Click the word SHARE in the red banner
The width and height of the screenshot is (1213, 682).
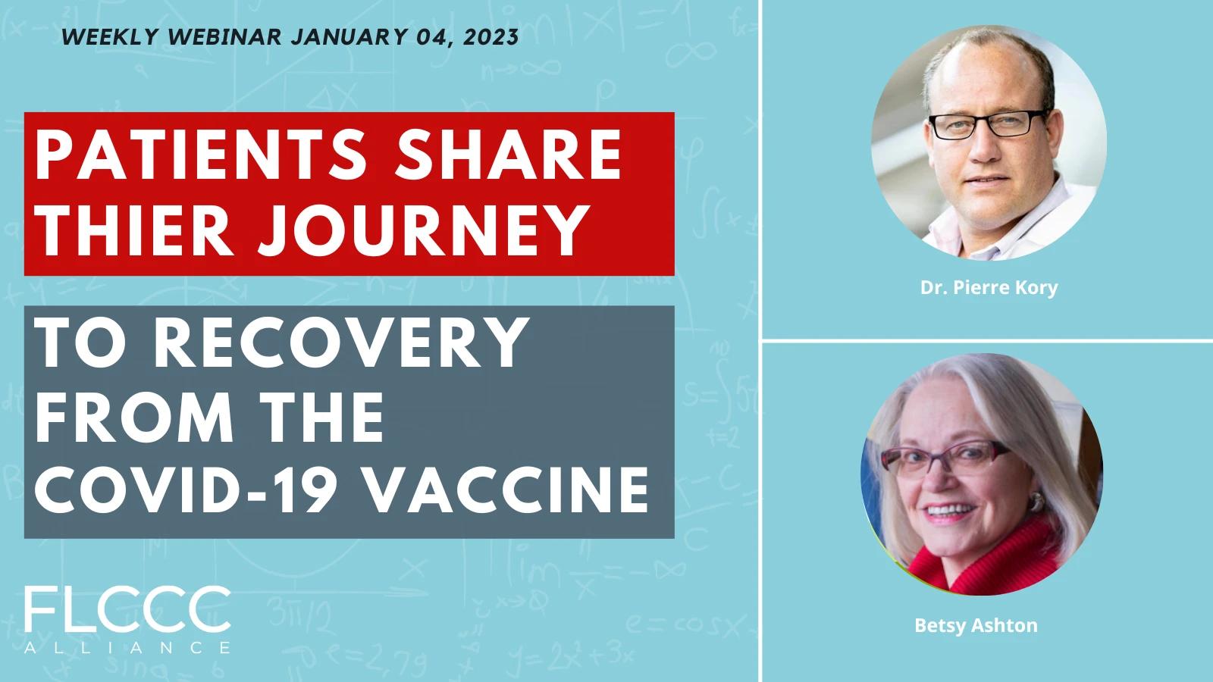pyautogui.click(x=509, y=155)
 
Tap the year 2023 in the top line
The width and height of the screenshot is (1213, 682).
pyautogui.click(x=491, y=37)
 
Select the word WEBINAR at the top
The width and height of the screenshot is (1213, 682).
pyautogui.click(x=224, y=37)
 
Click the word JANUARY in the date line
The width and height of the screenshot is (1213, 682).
pyautogui.click(x=349, y=37)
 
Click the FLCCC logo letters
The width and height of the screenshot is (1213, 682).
pyautogui.click(x=128, y=610)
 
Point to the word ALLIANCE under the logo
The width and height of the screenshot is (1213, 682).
pyautogui.click(x=128, y=647)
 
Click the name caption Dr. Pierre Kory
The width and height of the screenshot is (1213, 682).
pyautogui.click(x=989, y=287)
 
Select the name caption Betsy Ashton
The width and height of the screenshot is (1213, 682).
pyautogui.click(x=976, y=625)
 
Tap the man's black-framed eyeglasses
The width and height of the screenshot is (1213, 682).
pyautogui.click(x=986, y=124)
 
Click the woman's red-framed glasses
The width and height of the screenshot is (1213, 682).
pyautogui.click(x=945, y=460)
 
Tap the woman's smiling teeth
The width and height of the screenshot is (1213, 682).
pyautogui.click(x=951, y=510)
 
